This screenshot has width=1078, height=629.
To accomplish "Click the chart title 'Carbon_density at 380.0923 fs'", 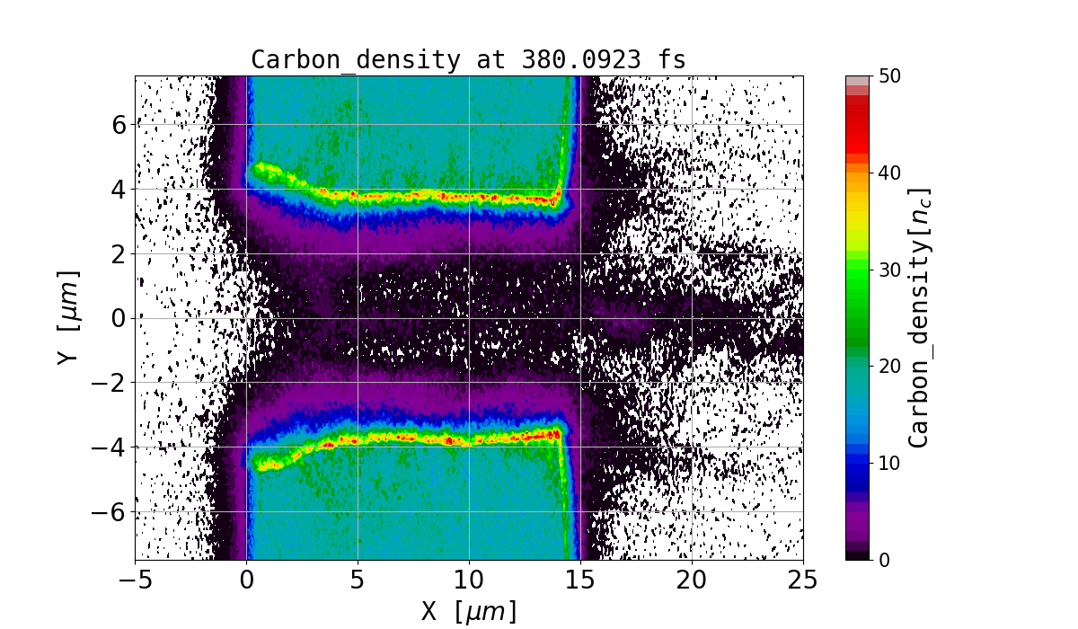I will pyautogui.click(x=468, y=60).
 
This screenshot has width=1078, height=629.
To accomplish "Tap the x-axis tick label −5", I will pyautogui.click(x=135, y=581).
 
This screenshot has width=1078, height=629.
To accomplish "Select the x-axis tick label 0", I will pyautogui.click(x=247, y=581).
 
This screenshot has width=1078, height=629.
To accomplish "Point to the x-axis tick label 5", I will pyautogui.click(x=358, y=581).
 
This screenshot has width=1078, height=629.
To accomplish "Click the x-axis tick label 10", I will pyautogui.click(x=469, y=581).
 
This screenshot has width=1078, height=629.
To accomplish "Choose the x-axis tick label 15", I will pyautogui.click(x=580, y=581).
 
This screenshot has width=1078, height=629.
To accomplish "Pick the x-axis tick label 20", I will pyautogui.click(x=692, y=581).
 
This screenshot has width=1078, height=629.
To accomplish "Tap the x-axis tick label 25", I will pyautogui.click(x=803, y=581).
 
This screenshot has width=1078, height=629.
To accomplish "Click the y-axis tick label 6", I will pyautogui.click(x=117, y=124).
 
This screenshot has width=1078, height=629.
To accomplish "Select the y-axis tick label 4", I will pyautogui.click(x=117, y=189).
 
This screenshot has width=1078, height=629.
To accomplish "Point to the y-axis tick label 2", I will pyautogui.click(x=117, y=253).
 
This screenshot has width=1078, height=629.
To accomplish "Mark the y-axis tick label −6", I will pyautogui.click(x=110, y=511).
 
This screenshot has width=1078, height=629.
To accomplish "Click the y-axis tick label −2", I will pyautogui.click(x=110, y=383).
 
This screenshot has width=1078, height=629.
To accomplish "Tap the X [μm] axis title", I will pyautogui.click(x=469, y=612).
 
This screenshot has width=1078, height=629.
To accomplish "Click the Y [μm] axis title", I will pyautogui.click(x=69, y=317).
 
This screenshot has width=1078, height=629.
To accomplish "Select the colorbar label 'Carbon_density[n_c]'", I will pyautogui.click(x=918, y=317).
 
